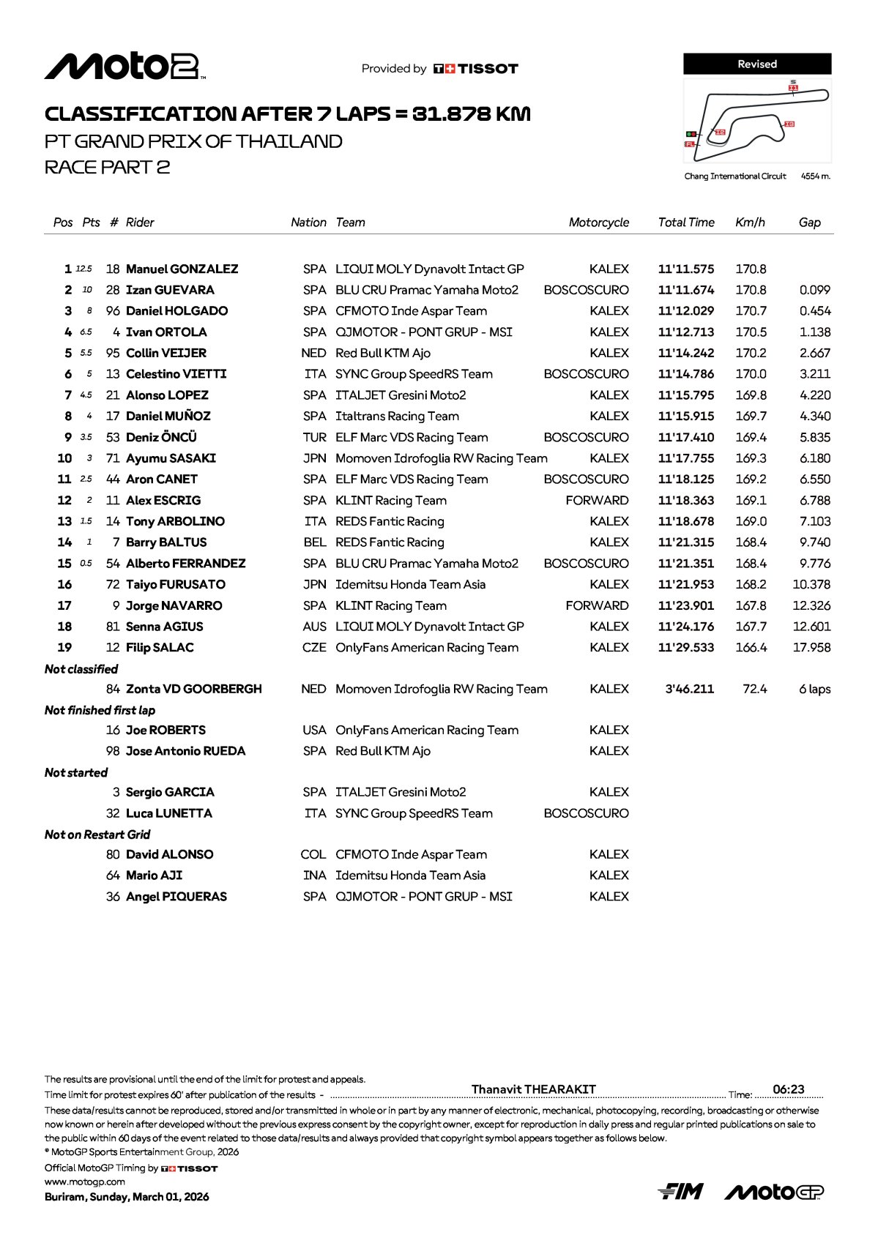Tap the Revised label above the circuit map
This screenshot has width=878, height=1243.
pos(757,64)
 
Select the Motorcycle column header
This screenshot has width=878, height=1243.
pos(598,223)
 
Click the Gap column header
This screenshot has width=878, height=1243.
pos(809,223)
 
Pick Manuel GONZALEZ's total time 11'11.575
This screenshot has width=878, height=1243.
pos(685,269)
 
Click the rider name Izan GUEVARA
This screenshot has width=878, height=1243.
pos(170,291)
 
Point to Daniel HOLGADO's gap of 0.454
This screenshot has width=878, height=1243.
pos(814,311)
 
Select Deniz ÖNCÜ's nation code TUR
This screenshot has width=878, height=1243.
pos(314,438)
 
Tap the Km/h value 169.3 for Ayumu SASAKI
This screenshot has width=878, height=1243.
pos(751,459)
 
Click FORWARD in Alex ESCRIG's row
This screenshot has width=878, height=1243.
pos(597,501)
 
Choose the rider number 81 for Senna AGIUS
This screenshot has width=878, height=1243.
pos(113,627)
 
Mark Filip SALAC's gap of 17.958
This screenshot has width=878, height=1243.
pos(811,648)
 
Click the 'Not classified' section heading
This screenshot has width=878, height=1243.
pos(81,669)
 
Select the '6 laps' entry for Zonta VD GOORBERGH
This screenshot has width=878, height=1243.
pos(814,690)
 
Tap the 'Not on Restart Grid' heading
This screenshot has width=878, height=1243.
pos(97,835)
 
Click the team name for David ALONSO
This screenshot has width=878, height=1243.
pos(411,855)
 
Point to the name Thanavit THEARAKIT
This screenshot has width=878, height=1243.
pos(533,1089)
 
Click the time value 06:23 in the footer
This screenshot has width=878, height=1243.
pos(788,1089)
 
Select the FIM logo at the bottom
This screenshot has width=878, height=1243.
pos(680,1192)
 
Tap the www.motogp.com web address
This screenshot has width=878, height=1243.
pos(84,1182)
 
